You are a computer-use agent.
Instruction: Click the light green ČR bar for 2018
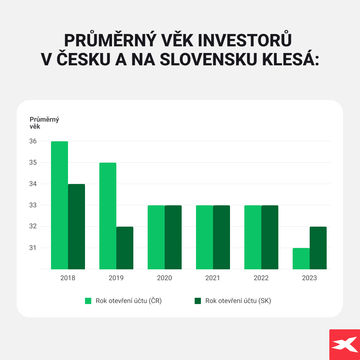click(59, 205)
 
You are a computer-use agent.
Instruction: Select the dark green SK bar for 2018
click(76, 227)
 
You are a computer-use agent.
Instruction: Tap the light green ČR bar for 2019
click(108, 216)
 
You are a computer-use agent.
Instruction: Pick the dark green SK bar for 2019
click(125, 248)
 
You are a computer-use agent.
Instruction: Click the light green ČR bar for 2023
click(301, 259)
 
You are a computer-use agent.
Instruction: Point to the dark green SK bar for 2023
click(318, 248)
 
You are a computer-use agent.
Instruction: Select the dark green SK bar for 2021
click(222, 237)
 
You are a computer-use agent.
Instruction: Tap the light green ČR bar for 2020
click(156, 237)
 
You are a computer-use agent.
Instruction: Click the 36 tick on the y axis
click(33, 141)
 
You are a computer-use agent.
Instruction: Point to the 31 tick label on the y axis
click(33, 248)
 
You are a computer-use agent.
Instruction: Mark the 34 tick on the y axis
click(33, 184)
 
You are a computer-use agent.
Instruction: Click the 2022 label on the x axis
click(261, 278)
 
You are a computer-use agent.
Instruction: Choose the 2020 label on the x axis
click(164, 278)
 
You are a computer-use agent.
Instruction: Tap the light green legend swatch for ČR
click(88, 301)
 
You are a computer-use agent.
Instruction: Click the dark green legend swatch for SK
click(198, 301)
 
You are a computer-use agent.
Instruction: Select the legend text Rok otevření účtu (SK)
click(238, 301)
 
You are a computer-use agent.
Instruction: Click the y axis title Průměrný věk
click(44, 123)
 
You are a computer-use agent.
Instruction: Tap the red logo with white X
click(345, 345)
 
